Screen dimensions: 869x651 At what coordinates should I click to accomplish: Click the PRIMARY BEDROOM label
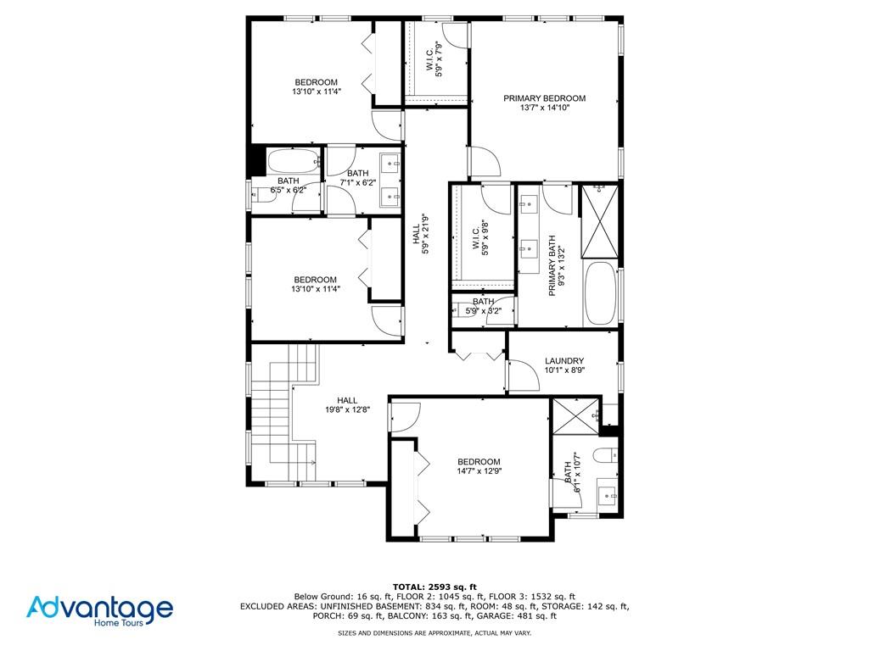pos(544,98)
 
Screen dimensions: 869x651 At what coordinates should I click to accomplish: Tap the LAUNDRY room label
pos(564,361)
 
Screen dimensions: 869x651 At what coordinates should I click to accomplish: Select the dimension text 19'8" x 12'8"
pos(347,410)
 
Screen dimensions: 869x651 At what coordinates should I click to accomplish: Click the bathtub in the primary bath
pos(600,292)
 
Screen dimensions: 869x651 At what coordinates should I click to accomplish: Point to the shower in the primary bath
pos(600,221)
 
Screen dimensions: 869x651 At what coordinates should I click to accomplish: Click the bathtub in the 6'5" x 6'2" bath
pos(293,161)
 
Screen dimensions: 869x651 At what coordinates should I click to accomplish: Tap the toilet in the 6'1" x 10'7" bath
pos(605,455)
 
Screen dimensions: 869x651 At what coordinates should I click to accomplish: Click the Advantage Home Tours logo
pos(100,610)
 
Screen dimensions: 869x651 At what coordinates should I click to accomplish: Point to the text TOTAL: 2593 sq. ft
pos(434,587)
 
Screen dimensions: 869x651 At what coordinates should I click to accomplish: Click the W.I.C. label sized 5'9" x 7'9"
pos(434,60)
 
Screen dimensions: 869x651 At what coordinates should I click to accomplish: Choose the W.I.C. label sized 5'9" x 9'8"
pos(480,238)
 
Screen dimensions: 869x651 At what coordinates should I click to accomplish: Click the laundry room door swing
pos(524,376)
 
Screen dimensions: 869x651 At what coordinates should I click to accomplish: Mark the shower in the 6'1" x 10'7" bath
pos(576,415)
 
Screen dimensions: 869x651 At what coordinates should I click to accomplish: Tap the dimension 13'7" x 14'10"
pos(545,108)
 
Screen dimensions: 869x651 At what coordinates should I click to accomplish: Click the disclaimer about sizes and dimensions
pos(434,632)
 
